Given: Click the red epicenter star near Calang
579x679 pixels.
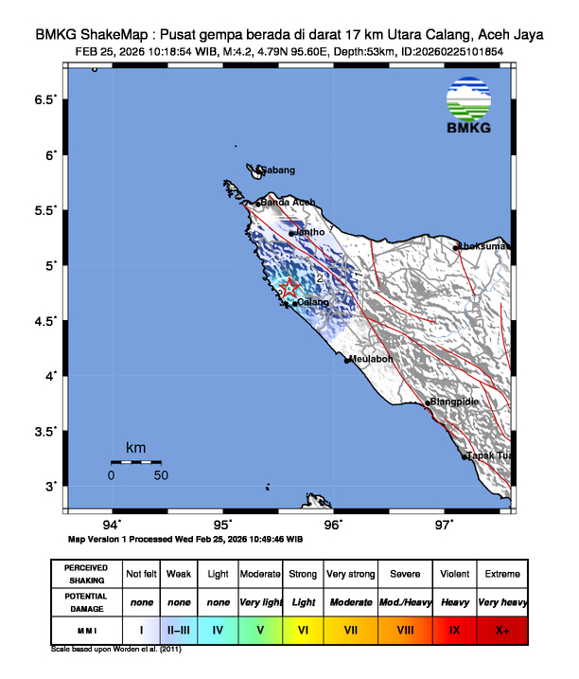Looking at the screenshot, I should click(290, 288).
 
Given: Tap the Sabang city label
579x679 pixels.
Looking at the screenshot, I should click(278, 170).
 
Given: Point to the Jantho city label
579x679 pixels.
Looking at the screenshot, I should click(311, 232).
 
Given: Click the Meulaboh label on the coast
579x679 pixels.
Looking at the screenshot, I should click(370, 360).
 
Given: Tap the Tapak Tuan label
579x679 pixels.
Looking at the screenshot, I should click(490, 456).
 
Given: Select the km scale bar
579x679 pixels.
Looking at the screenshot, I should click(135, 461).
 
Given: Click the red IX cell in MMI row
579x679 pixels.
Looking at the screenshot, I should click(454, 629).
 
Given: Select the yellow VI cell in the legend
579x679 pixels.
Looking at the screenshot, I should click(304, 629).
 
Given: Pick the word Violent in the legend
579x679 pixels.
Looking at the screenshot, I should click(454, 574).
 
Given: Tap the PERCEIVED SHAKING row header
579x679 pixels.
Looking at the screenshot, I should click(86, 574).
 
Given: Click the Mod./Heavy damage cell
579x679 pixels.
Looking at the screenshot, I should click(405, 602).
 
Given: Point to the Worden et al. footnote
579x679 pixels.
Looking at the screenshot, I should click(116, 651).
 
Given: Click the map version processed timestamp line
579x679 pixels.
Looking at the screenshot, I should click(185, 538).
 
